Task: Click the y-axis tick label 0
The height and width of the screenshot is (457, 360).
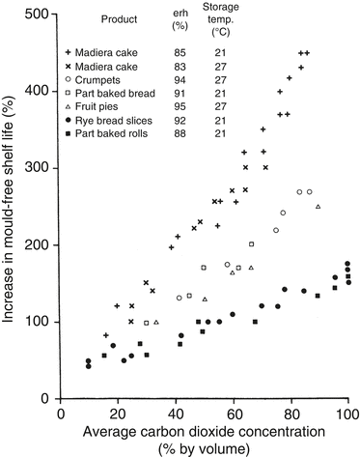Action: point(47,398)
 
